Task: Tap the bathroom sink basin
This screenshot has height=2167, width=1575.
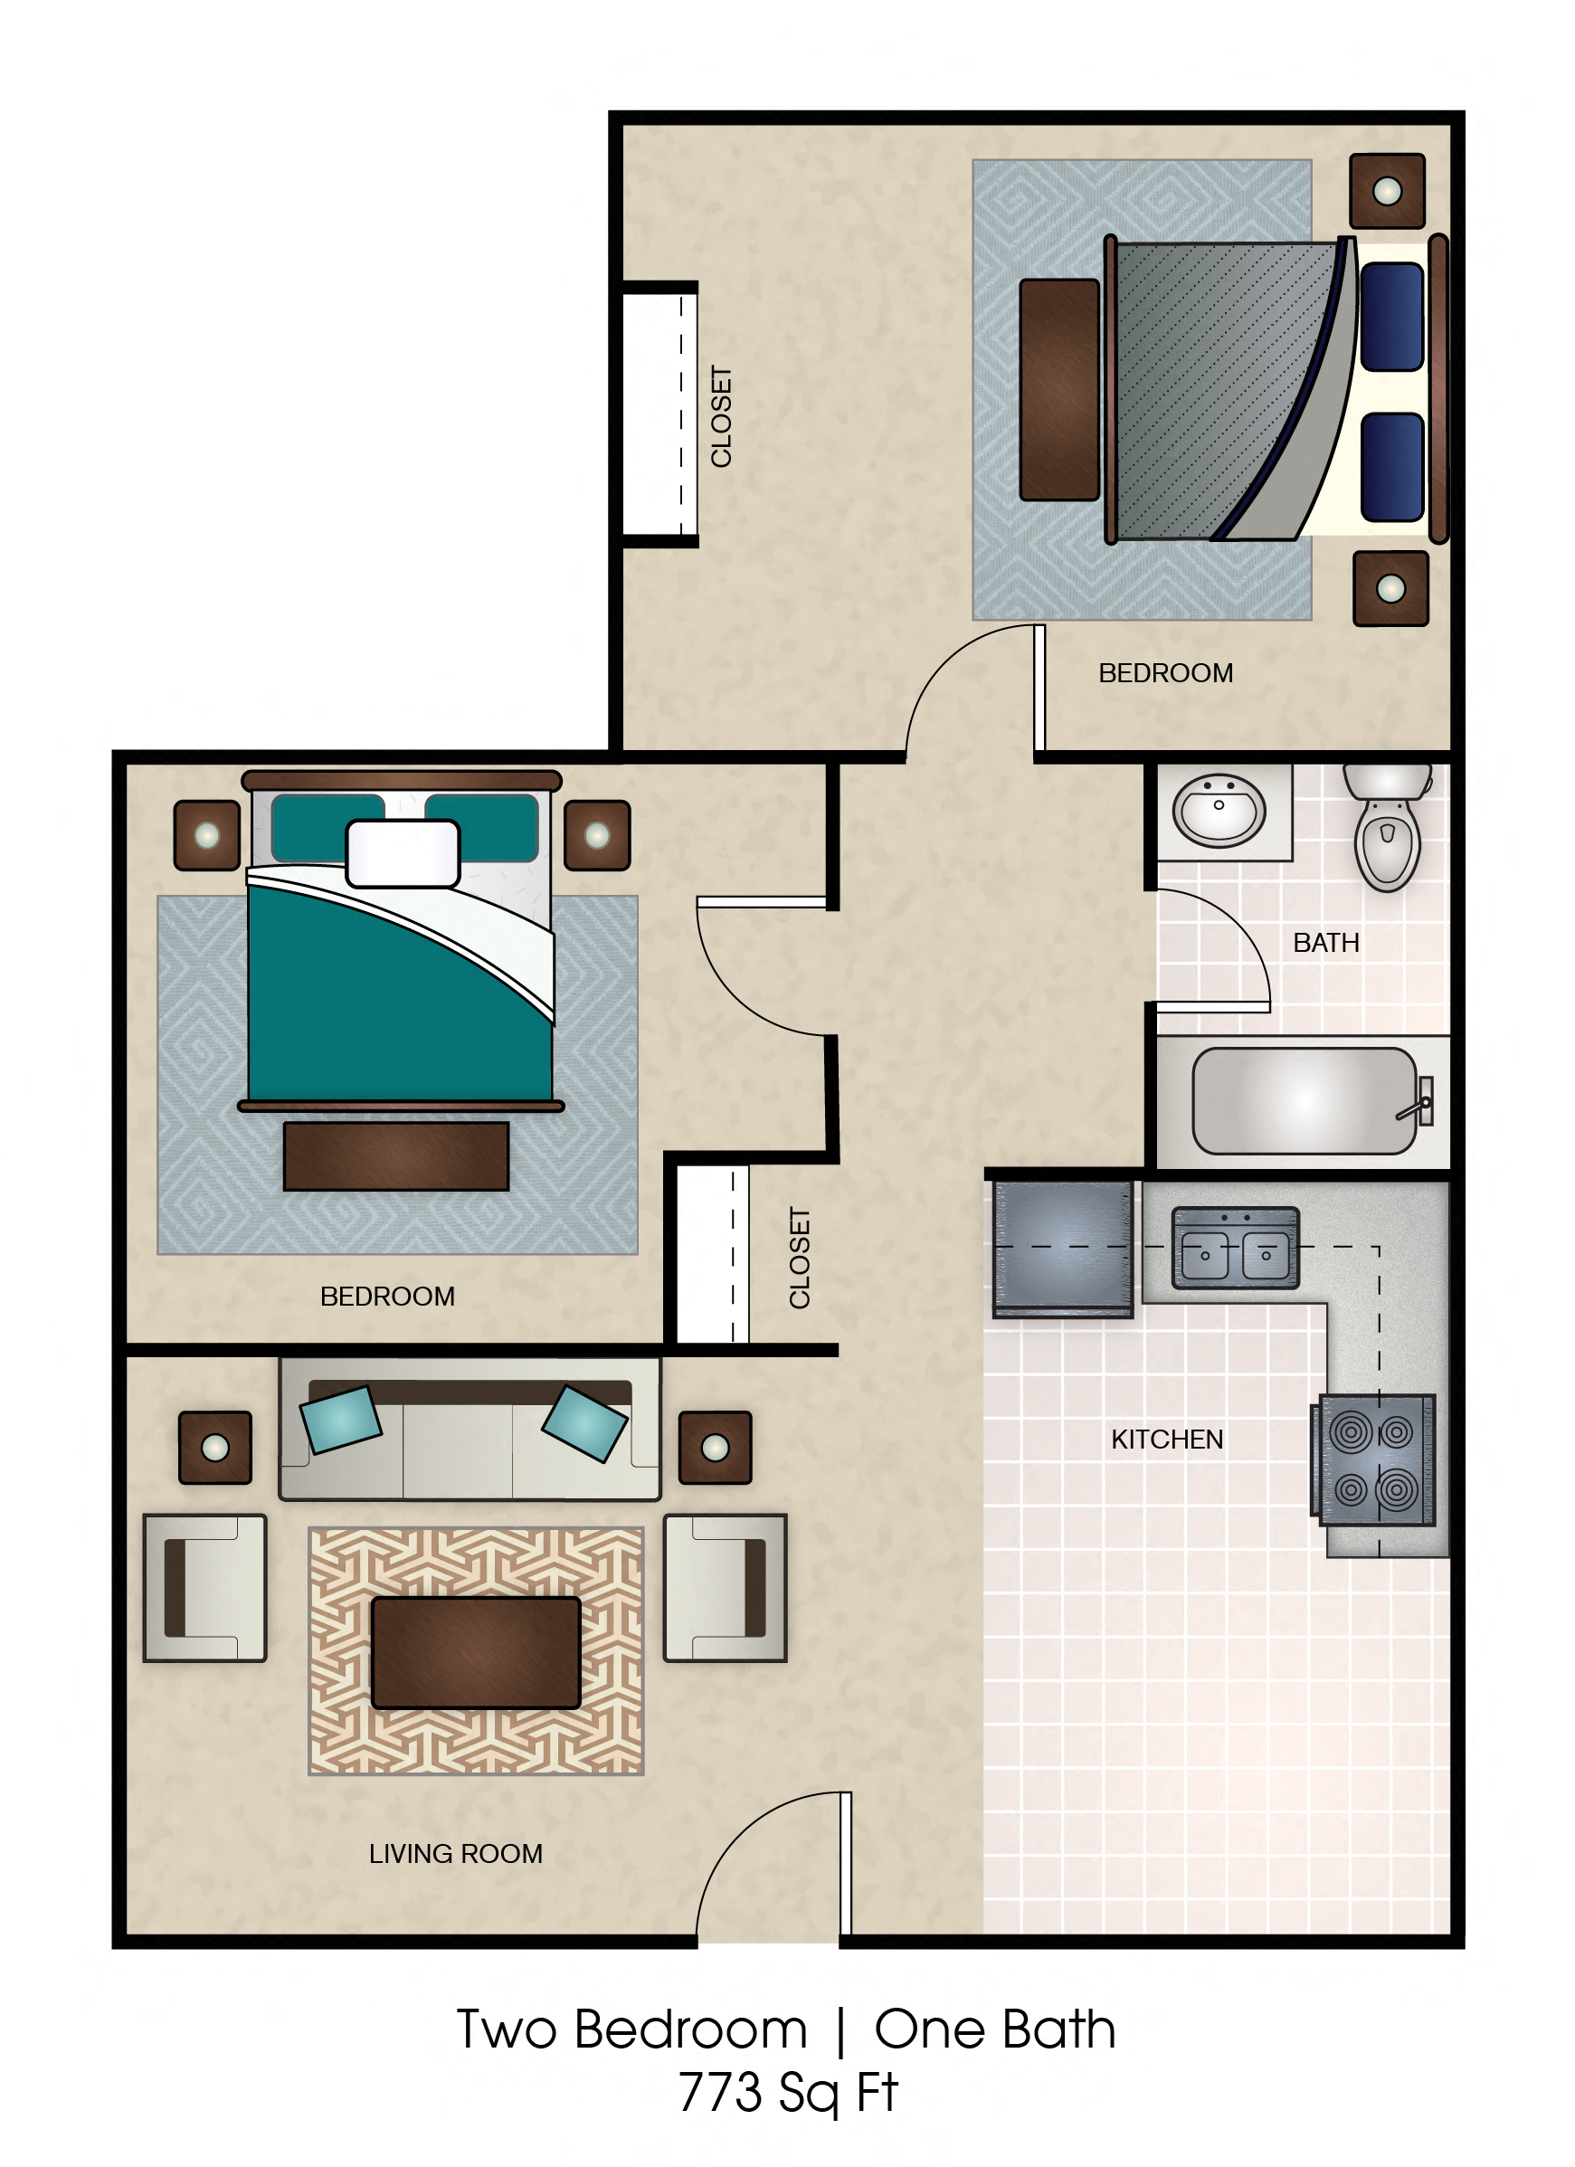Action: [1219, 810]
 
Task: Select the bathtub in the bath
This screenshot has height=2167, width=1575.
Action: [1305, 1101]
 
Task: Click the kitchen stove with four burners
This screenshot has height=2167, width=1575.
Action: [1376, 1460]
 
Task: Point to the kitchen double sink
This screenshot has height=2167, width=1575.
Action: [1235, 1249]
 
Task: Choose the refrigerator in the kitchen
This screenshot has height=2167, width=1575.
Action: [1063, 1249]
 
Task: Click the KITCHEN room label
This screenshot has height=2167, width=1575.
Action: [1166, 1440]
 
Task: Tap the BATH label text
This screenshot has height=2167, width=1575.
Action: [1325, 943]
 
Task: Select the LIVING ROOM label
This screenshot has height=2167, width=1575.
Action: [456, 1854]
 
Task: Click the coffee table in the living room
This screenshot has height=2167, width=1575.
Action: [476, 1652]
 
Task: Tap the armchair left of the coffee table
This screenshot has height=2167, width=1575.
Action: [204, 1588]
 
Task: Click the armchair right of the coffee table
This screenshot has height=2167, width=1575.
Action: [725, 1588]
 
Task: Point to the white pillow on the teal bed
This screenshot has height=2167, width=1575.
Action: [402, 853]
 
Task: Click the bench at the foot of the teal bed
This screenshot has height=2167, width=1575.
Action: [395, 1156]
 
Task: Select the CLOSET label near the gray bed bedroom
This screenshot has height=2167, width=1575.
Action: [721, 416]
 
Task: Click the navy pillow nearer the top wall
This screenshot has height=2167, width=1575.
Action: [1391, 317]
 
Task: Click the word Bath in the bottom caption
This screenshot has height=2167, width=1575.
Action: [1059, 2029]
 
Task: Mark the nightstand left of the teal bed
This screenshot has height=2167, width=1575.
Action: [206, 835]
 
